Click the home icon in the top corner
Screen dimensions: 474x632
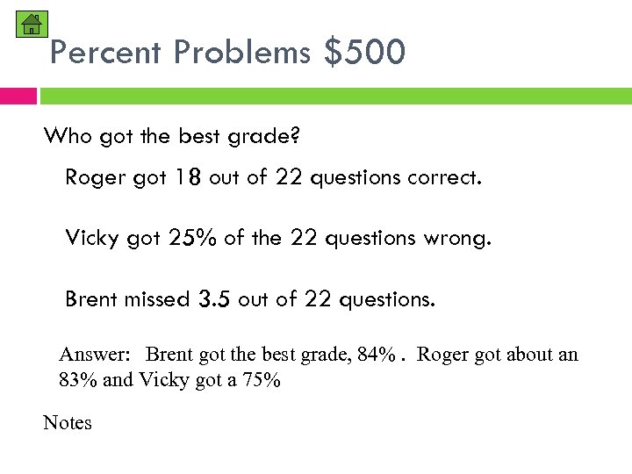click(x=32, y=24)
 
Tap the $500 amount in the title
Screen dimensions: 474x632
click(x=364, y=53)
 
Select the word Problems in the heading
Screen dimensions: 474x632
click(x=241, y=53)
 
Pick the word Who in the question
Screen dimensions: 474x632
click(x=68, y=136)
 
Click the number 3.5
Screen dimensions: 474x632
click(x=214, y=299)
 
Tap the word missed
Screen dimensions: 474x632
click(x=155, y=299)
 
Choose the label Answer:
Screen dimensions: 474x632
click(x=95, y=355)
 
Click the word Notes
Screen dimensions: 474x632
click(x=68, y=423)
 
